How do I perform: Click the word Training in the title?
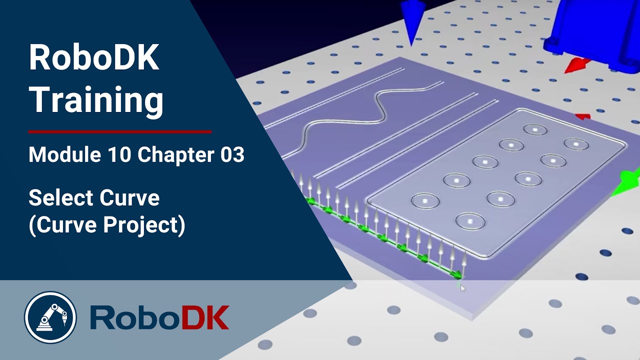point(96,100)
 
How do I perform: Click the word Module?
point(64,154)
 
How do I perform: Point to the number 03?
point(232,155)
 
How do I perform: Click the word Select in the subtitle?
point(60,198)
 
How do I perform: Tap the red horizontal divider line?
point(119,131)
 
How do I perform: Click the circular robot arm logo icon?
point(50,317)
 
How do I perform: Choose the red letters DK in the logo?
point(205,317)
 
